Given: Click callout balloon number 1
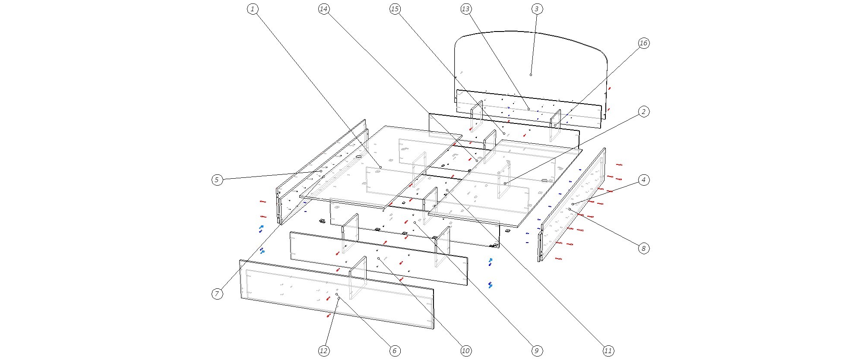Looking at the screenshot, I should [253, 9].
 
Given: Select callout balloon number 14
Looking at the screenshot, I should [324, 9].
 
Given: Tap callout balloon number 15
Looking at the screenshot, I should [395, 9].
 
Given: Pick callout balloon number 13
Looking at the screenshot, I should [465, 9].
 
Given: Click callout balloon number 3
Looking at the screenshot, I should [537, 9].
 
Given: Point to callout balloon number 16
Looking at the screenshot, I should [643, 43].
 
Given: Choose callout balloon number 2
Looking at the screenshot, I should [643, 112].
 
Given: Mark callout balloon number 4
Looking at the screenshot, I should [643, 180].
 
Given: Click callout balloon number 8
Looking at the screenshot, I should [643, 248].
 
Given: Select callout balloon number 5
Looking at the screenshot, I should [217, 180].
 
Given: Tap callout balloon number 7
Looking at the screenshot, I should [217, 294].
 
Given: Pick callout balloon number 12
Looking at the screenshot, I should [324, 351].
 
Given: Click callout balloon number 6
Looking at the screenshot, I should [395, 351].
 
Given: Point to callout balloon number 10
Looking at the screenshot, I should [465, 351].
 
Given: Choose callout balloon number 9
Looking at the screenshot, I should [537, 351].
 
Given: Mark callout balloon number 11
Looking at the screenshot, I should [608, 351].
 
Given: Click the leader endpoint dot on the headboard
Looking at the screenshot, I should [531, 75].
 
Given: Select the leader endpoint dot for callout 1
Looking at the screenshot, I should [380, 167].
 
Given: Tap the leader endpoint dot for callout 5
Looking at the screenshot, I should [321, 171].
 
